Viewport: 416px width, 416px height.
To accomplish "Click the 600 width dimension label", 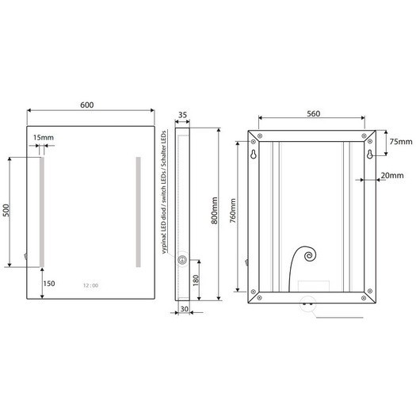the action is (x=86, y=105).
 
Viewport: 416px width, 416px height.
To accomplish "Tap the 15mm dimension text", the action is (x=44, y=137).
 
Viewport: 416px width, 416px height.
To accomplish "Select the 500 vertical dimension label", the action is (x=6, y=210).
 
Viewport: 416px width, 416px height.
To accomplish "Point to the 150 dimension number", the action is (x=49, y=284).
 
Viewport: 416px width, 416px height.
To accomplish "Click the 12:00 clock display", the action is (x=91, y=285).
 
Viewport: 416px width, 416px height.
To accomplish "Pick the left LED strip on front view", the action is (x=42, y=212).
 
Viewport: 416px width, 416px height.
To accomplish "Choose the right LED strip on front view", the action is (x=138, y=212).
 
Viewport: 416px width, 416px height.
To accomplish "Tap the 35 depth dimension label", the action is (x=182, y=115).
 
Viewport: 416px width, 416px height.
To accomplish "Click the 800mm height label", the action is (x=215, y=211).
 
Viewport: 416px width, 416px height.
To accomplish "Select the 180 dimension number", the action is (x=196, y=281).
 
